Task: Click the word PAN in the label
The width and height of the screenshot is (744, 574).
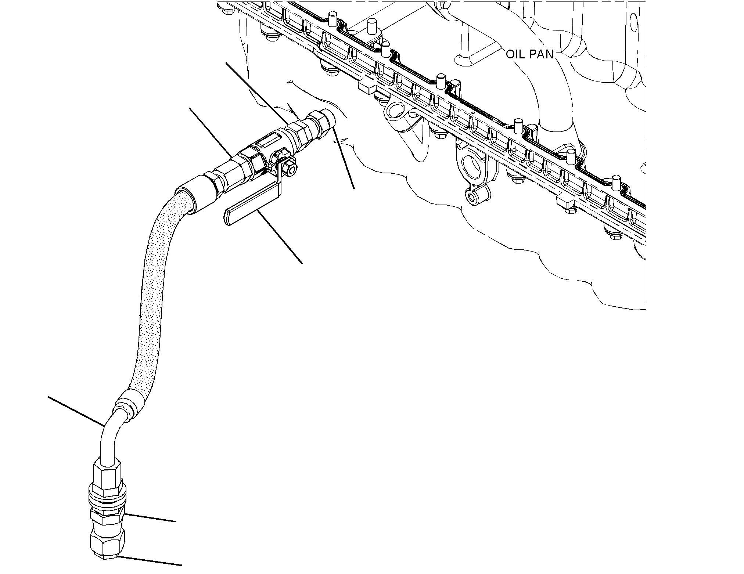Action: coord(541,54)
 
